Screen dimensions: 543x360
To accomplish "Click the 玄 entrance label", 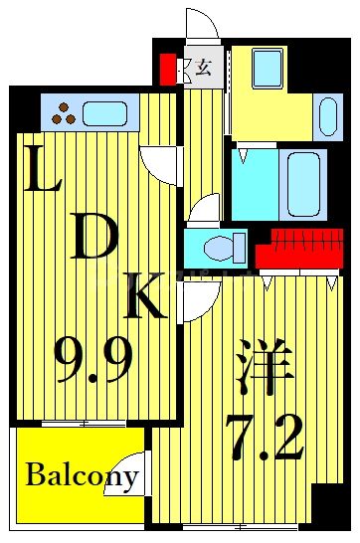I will point(204,68).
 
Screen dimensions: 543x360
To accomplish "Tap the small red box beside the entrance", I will point(166,69).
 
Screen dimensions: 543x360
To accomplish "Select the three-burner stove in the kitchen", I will point(64,112).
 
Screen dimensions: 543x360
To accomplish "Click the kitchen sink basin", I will point(103,112).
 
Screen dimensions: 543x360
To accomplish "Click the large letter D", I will point(96,240).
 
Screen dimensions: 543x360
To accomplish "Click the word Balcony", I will point(81,475).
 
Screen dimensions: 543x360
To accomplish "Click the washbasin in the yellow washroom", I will point(327,116).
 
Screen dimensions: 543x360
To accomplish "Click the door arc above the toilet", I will point(205,209).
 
